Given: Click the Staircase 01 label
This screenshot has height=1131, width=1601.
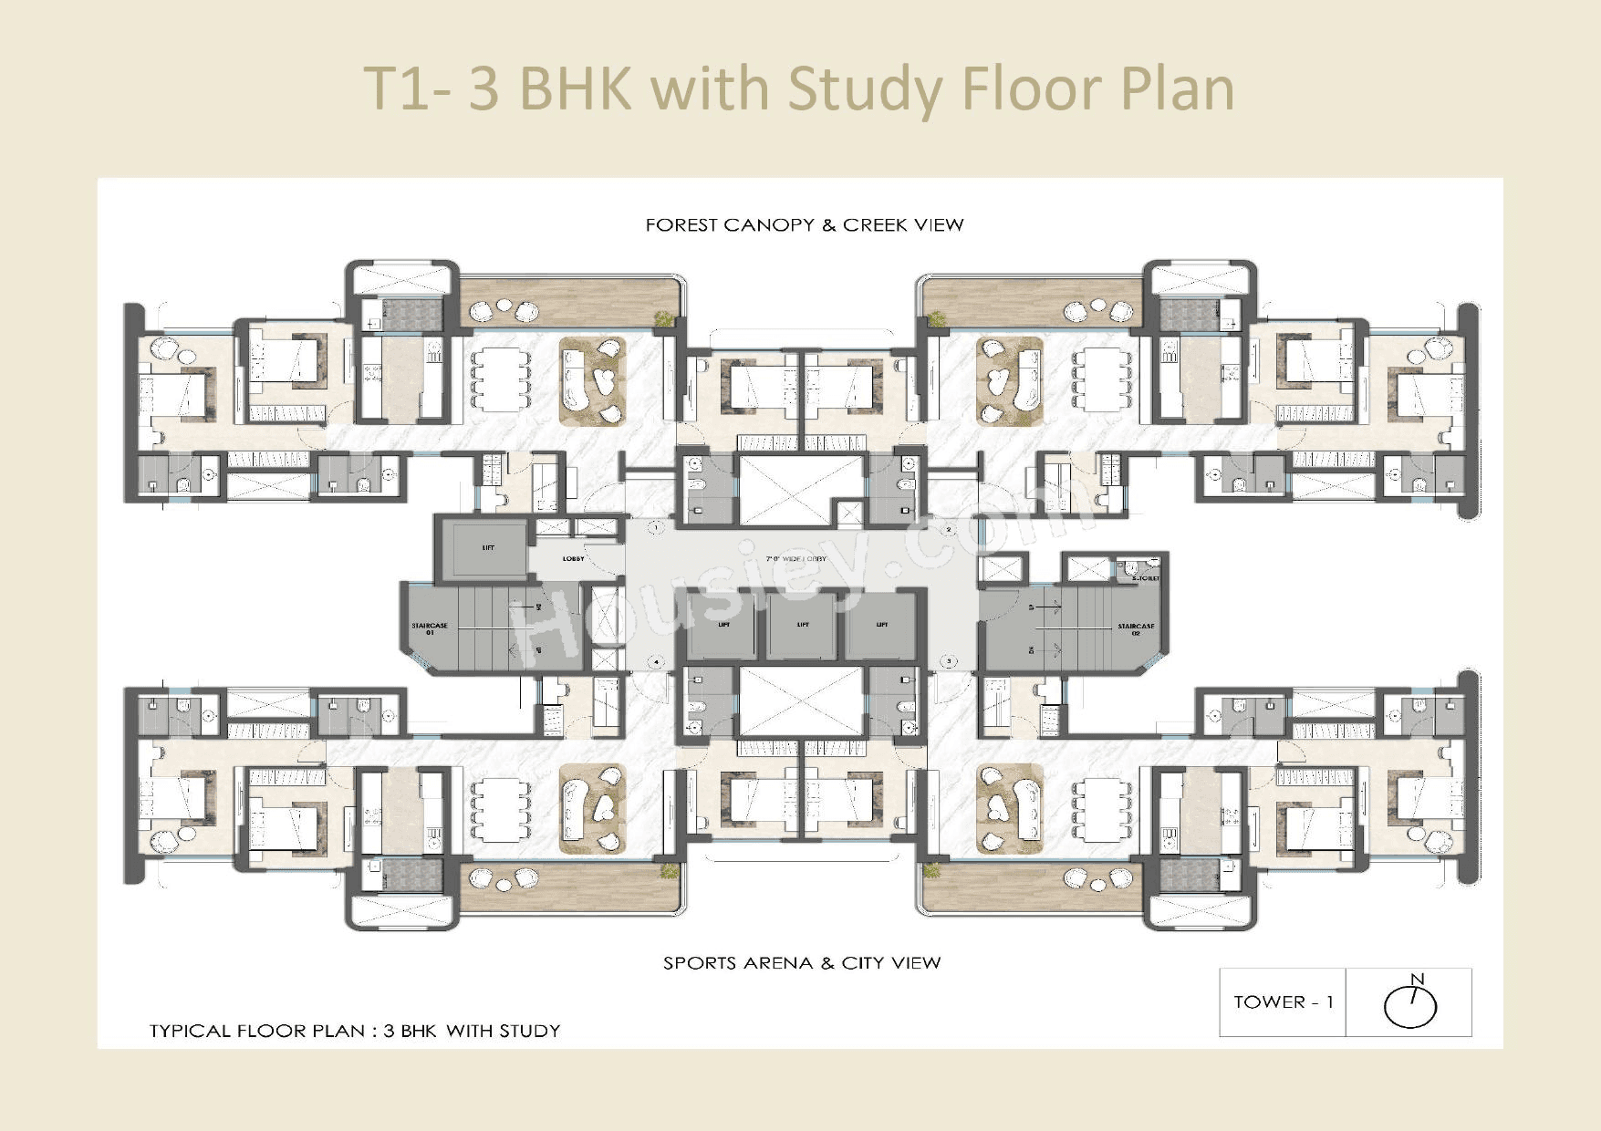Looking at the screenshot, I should (x=429, y=628).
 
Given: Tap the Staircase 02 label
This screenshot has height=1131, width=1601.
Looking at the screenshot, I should (x=1136, y=628).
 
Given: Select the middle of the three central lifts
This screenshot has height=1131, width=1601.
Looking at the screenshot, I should (x=802, y=626).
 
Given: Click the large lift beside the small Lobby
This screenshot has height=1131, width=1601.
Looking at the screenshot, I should (x=487, y=548).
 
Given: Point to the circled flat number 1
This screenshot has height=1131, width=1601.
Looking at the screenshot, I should (x=655, y=527).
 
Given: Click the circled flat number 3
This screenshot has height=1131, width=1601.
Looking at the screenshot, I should (x=949, y=661).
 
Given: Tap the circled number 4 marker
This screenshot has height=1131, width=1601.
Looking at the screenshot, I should (x=654, y=662).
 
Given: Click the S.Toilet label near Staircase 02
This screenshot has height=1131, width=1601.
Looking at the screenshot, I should (x=1145, y=578).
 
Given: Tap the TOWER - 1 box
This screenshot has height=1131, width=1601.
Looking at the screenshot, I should (x=1283, y=1002).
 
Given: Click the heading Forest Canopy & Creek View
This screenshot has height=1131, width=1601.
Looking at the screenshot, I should (x=804, y=225).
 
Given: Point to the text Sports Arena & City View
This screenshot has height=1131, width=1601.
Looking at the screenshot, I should (x=801, y=963).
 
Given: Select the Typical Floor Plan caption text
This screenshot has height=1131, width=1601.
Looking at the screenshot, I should (x=355, y=1031).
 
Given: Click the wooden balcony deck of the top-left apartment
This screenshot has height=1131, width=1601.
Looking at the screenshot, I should (x=567, y=301).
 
